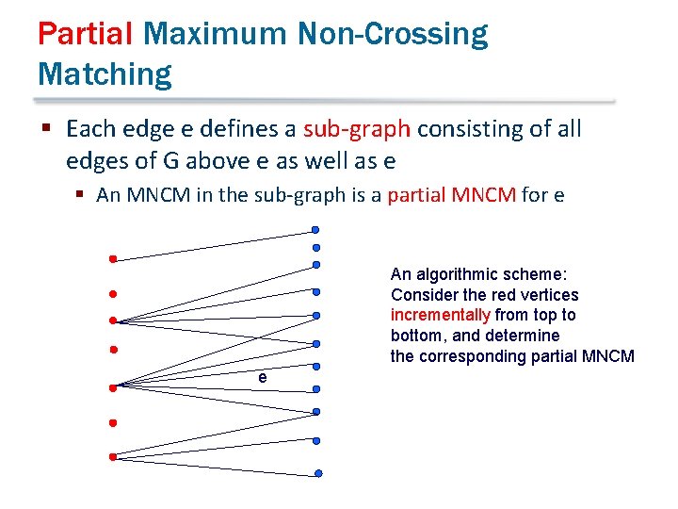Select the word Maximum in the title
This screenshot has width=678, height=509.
pos(214,34)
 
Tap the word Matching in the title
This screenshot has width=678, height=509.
pos(105,73)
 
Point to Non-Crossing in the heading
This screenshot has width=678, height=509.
pos(392,34)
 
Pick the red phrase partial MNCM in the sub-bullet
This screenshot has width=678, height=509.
pos(451,196)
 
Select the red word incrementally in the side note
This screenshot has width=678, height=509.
pos(440,315)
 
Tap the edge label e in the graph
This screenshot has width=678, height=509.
pos(263,377)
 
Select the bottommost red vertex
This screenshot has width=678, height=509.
pos(111,457)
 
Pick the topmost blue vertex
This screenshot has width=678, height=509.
pos(316,229)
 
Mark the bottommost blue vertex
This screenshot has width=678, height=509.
pos(318,473)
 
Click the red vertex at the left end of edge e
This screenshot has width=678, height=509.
pos(111,386)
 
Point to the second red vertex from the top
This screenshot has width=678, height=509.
pos(111,293)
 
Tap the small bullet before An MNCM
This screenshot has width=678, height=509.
pos(82,197)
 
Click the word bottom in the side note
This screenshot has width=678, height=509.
pos(414,336)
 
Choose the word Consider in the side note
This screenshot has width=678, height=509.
pos(422,295)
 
